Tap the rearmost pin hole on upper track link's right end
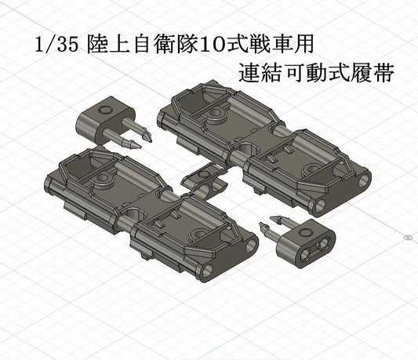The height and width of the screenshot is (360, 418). (364, 180)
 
